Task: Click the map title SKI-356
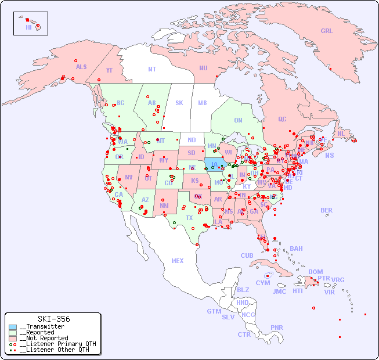coord(53,319)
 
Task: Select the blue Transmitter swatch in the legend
coord(13,327)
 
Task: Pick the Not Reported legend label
coord(44,338)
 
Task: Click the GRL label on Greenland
coord(327,31)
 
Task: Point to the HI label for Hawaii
coord(28,27)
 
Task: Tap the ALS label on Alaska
coord(81,67)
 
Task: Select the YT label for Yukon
coord(109,70)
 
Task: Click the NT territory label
coord(151,69)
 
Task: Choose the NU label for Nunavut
coord(203,68)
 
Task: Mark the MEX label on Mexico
coord(178,261)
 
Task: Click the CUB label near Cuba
coord(247,255)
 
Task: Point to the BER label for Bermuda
coord(326,210)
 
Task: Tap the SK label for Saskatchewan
coord(179,103)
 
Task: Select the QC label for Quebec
coord(282,120)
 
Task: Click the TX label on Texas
coord(189,218)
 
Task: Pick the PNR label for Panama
coord(277,327)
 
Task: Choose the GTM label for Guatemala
coord(214,311)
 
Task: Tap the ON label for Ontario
coord(238,121)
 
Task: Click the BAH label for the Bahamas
coord(296,249)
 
